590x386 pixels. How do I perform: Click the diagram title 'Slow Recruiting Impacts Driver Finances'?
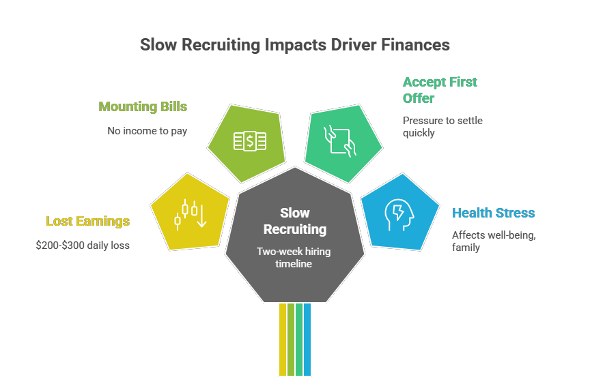(295, 45)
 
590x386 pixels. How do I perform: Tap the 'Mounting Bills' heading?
(143, 106)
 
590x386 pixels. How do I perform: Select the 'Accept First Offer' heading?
(440, 90)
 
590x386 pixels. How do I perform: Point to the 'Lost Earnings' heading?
(87, 221)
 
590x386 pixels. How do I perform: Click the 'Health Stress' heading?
(493, 213)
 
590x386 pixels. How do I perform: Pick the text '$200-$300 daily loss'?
(83, 245)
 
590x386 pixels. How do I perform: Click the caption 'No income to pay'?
(147, 130)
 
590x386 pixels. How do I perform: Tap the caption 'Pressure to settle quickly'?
(442, 126)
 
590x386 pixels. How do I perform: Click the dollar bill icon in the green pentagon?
(249, 141)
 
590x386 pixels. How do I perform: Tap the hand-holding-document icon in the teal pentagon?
(340, 140)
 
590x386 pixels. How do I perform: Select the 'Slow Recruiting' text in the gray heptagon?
(295, 221)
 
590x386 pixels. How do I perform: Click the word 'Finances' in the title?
(419, 45)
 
